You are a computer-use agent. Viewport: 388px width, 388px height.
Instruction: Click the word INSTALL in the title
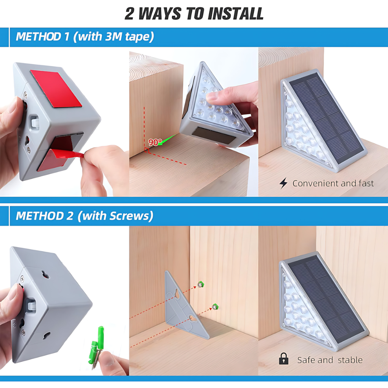click(x=235, y=13)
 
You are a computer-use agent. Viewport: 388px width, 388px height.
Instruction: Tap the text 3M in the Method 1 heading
click(x=114, y=36)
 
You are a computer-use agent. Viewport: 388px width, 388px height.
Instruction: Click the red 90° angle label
click(x=155, y=142)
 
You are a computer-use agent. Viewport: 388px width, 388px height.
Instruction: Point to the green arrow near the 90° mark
click(x=169, y=139)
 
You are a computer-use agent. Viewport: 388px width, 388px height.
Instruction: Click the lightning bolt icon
click(x=283, y=183)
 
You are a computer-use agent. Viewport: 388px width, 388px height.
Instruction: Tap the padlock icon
click(x=283, y=359)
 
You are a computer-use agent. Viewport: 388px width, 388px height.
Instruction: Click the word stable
click(x=350, y=360)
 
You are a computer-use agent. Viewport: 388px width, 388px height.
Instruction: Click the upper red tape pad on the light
click(x=57, y=89)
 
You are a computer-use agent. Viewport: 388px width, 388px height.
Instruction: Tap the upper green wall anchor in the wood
click(x=200, y=285)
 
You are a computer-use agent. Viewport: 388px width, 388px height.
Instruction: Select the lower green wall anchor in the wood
click(x=215, y=307)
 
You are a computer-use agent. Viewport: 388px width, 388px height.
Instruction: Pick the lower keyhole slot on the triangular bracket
click(x=193, y=318)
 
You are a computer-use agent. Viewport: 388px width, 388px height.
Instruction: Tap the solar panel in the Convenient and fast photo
click(x=328, y=119)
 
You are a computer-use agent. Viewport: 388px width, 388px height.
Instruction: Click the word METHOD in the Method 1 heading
click(x=38, y=37)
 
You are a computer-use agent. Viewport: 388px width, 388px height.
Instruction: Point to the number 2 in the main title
click(x=129, y=14)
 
